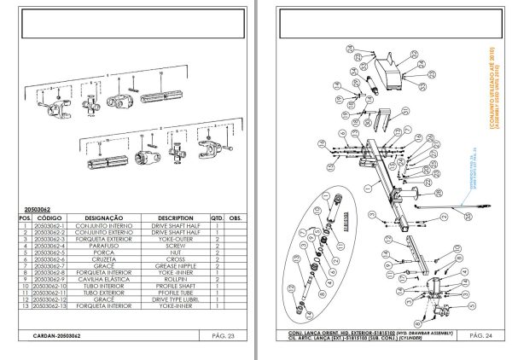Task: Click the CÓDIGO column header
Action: pos(50,218)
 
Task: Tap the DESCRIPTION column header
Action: pos(176,218)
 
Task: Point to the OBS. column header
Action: pos(236,218)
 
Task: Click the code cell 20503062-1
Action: pos(50,225)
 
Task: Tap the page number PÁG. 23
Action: pos(224,336)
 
